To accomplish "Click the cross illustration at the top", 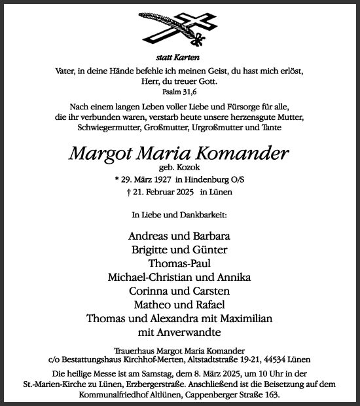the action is pos(179,30).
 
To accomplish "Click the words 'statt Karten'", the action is pos(179,58).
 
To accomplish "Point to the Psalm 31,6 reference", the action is pos(179,94).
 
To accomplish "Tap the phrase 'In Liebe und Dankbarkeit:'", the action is pos(179,214).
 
